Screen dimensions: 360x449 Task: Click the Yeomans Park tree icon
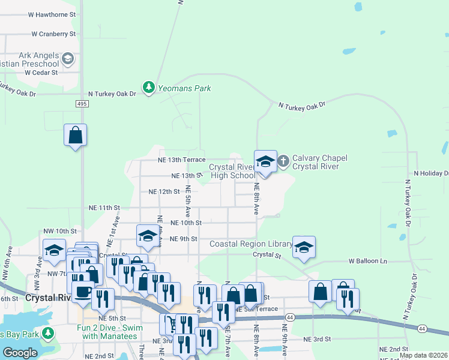[x=148, y=88]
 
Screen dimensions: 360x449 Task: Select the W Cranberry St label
[x=53, y=34]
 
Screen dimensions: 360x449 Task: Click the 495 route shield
[x=82, y=104]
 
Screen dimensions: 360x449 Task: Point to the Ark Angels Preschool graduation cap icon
[x=68, y=59]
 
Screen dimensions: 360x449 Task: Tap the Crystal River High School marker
[x=266, y=161]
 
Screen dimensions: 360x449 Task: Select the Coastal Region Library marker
[x=304, y=247]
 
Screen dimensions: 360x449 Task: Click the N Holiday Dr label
[x=431, y=173]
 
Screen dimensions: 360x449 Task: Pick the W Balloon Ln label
[x=369, y=262]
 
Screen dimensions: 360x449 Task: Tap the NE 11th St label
[x=104, y=208]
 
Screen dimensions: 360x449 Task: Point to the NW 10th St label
[x=60, y=230]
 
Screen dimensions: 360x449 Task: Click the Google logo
[x=20, y=353]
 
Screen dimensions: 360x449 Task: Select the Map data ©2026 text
[x=423, y=355]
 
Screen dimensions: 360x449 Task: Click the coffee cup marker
[x=83, y=293]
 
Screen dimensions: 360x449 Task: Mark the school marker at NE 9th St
[x=147, y=236]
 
